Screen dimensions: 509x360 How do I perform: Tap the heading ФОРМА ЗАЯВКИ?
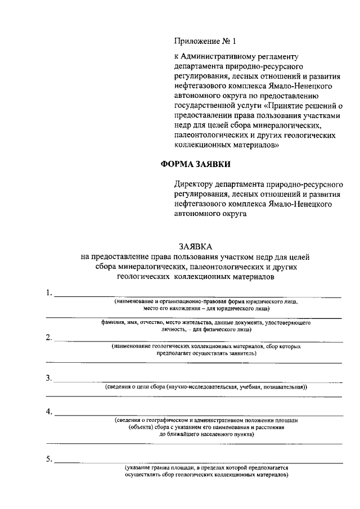[196, 164]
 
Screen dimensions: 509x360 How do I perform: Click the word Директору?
[196, 184]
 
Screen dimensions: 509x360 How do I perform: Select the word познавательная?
[281, 388]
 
